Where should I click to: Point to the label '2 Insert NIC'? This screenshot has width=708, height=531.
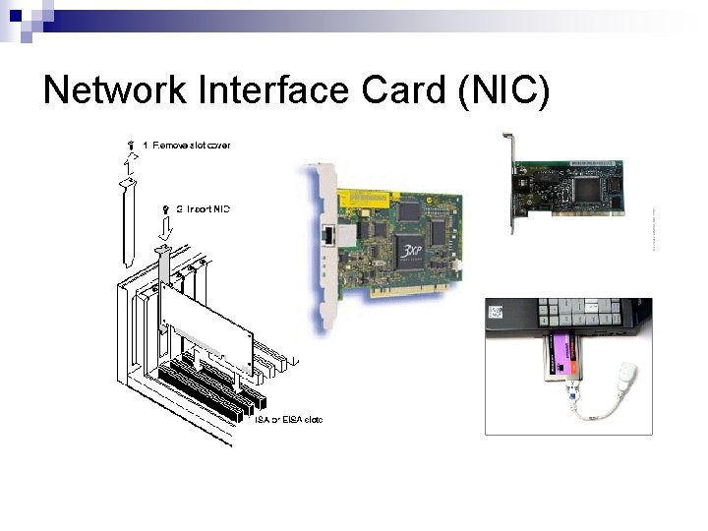[x=202, y=209]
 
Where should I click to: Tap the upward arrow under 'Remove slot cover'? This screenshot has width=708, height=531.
[x=125, y=161]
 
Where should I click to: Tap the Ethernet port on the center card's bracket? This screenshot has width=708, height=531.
[x=328, y=237]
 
